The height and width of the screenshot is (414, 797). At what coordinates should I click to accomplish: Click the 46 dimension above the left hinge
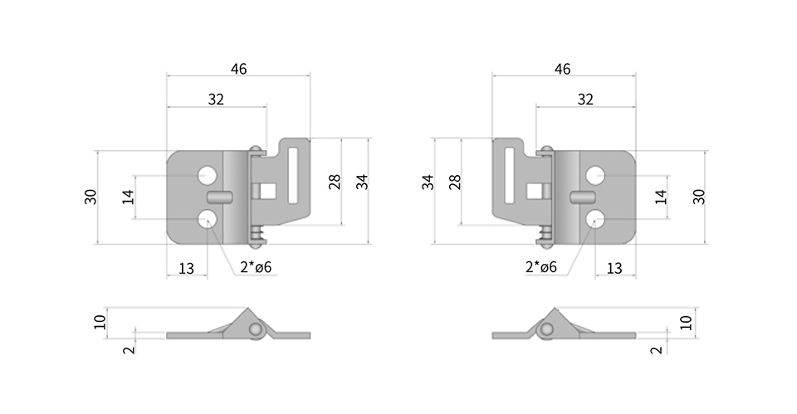click(238, 69)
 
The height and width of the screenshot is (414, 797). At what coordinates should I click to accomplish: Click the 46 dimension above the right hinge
click(562, 69)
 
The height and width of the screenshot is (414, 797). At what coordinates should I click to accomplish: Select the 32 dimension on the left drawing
click(216, 99)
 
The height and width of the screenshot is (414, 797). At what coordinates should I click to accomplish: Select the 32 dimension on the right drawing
click(585, 99)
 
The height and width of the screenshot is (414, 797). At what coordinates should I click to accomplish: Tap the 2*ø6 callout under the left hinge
click(256, 266)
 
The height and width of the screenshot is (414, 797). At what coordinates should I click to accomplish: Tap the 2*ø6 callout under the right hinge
click(540, 266)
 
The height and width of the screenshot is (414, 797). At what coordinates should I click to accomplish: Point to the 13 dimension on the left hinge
click(186, 268)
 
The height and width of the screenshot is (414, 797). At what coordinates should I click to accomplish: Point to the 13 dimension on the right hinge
click(614, 268)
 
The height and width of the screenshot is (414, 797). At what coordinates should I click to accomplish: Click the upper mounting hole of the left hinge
click(208, 175)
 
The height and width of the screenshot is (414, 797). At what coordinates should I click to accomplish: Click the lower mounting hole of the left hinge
click(208, 219)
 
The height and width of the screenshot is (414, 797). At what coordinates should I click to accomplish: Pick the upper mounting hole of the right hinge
click(594, 175)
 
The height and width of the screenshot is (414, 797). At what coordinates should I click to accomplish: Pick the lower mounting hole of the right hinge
click(594, 220)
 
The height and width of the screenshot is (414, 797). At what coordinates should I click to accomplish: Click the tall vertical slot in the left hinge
click(293, 175)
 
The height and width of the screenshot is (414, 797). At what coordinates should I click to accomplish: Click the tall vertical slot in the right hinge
click(510, 175)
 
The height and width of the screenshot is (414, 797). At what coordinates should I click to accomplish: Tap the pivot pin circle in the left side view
click(257, 330)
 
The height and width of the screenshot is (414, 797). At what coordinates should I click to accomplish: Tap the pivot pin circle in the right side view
click(546, 330)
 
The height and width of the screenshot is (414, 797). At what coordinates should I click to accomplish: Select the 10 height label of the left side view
click(100, 322)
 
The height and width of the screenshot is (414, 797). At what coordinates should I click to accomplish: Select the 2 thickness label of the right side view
click(657, 349)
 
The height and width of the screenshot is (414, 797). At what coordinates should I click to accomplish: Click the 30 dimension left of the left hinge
click(90, 197)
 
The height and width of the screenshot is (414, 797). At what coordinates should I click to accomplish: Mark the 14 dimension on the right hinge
click(661, 197)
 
